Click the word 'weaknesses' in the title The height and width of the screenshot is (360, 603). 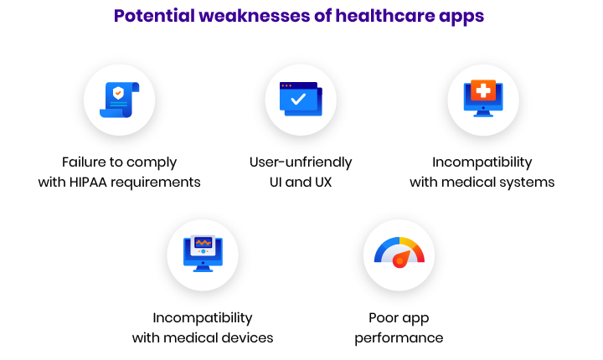pos(255,16)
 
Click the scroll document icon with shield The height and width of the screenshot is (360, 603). pos(119,100)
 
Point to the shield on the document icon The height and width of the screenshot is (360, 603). pos(118,93)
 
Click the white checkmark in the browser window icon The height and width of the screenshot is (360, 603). pos(298,100)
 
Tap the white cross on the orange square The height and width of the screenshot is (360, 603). pos(483,90)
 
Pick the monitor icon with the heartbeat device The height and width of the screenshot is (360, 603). pos(203,254)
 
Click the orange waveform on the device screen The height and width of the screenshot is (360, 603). pos(203,243)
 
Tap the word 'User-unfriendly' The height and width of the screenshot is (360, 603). pos(301,162)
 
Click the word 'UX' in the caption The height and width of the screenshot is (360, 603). pos(323,182)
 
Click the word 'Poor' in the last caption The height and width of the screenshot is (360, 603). pos(382,318)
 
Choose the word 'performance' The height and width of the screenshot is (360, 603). pos(399,338)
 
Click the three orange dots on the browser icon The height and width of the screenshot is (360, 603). pos(286,85)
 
